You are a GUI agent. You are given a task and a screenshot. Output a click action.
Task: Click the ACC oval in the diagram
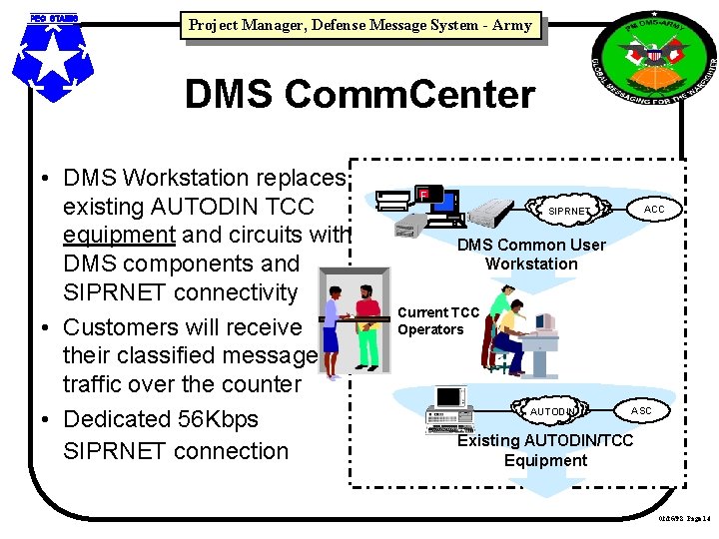point(654,210)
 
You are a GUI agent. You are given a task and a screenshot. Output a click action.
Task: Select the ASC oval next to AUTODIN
point(641,410)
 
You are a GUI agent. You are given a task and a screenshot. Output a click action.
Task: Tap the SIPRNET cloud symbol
point(568,212)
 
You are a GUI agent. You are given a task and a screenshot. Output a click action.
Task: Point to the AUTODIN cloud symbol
point(551,411)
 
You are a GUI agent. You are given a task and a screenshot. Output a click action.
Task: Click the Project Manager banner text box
point(359,25)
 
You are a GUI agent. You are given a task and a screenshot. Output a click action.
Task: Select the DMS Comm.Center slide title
point(359,95)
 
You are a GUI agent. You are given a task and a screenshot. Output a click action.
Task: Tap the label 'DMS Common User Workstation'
point(531,255)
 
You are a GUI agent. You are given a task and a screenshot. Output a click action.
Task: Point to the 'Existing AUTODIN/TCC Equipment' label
point(545,450)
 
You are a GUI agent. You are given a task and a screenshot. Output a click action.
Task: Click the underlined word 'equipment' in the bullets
point(119,236)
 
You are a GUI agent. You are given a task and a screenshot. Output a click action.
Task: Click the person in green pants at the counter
point(366,324)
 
